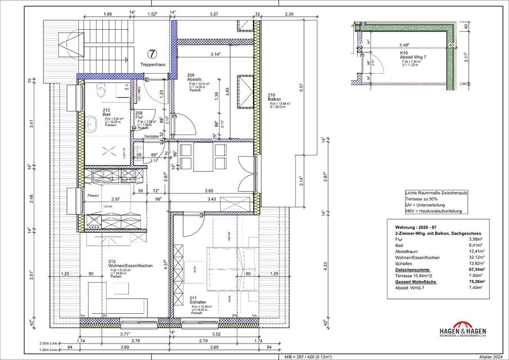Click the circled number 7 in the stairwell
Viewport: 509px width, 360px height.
[x=152, y=54]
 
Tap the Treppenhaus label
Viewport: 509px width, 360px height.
[x=153, y=64]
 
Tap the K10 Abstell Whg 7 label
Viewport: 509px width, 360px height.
[x=414, y=56]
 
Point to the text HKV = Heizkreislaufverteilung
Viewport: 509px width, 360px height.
[x=433, y=211]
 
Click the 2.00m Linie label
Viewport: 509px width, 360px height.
[x=51, y=344]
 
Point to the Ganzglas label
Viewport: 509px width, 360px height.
[x=152, y=137]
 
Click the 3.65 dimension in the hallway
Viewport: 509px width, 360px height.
[x=209, y=190]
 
